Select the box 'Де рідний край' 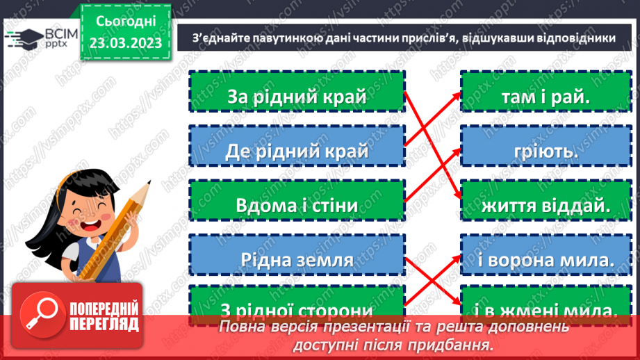[x=297, y=149]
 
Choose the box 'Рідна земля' [x=297, y=259]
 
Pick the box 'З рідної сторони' [x=297, y=306]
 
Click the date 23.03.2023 [x=124, y=44]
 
